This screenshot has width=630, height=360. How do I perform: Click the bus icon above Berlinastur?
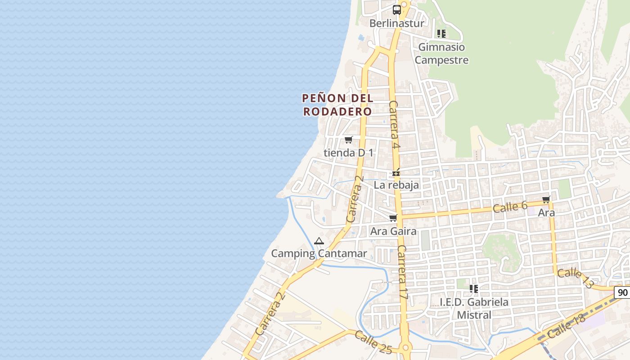(397, 9)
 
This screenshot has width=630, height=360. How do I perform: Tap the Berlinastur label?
(397, 23)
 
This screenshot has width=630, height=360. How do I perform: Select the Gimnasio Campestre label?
(441, 53)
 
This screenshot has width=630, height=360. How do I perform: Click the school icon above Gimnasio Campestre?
(441, 33)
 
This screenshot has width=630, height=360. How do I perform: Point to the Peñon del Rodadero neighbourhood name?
(337, 104)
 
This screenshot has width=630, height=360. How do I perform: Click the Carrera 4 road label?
(394, 125)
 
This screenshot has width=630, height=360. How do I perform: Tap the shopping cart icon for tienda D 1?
(348, 139)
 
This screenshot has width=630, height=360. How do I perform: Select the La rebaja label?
(396, 185)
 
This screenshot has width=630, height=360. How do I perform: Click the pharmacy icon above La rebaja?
(396, 172)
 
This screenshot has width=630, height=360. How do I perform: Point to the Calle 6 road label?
(510, 207)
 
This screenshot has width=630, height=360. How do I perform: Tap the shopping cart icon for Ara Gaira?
(393, 218)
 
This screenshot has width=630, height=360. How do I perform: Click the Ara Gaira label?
(393, 231)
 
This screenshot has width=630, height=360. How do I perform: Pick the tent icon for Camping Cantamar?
(319, 241)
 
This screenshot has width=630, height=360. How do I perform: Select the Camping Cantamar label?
(319, 253)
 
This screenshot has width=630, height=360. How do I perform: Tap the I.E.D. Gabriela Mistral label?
(474, 308)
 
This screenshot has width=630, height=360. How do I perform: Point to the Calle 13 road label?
(576, 278)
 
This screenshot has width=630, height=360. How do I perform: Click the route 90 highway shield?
(623, 292)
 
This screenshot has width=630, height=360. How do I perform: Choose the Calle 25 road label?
(373, 342)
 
